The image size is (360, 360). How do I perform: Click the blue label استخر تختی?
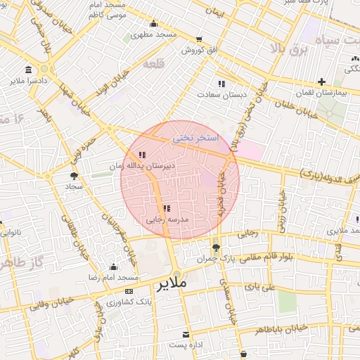click(196, 139)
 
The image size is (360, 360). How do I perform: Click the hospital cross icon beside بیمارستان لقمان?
click(321, 82)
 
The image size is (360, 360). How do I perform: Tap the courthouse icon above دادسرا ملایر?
click(28, 70)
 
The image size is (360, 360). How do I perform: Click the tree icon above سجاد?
click(74, 176)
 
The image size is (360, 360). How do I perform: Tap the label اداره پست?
click(186, 345)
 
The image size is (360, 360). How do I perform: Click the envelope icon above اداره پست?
click(186, 334)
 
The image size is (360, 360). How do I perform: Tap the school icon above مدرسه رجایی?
click(167, 208)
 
